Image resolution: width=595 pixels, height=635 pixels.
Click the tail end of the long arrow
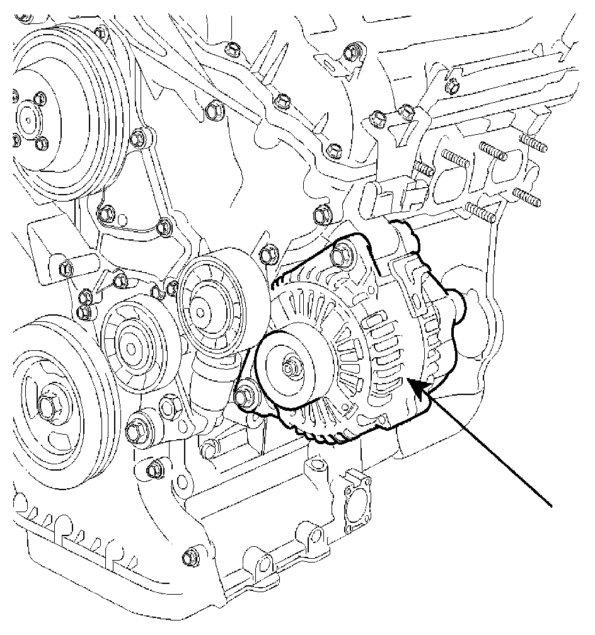552,505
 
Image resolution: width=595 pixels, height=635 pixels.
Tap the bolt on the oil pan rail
187,556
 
